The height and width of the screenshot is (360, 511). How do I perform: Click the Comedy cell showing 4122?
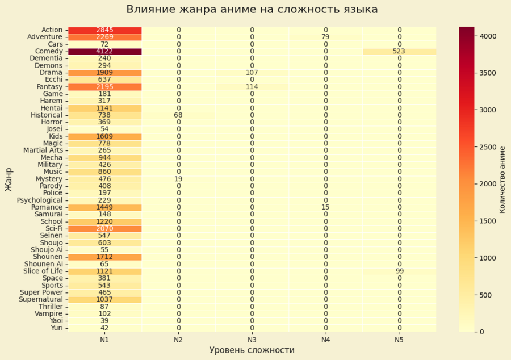tap(104, 51)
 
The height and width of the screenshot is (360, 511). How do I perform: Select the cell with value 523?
tap(399, 51)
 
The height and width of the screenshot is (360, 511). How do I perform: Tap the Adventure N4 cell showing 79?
tap(325, 37)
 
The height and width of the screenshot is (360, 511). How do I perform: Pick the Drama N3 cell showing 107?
tap(252, 73)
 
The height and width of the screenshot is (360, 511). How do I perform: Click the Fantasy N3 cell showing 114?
tap(252, 87)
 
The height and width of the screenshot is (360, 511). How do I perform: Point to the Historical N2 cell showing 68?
tap(178, 115)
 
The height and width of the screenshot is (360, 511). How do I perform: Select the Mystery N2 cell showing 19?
tap(178, 179)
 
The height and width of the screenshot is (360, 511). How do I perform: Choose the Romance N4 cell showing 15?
tap(325, 207)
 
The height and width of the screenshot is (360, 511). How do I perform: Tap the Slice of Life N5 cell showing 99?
tap(399, 271)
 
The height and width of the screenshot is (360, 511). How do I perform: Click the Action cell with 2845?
tap(104, 30)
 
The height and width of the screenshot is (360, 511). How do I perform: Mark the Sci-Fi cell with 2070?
tap(104, 228)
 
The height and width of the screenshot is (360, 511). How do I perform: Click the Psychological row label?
tap(40, 200)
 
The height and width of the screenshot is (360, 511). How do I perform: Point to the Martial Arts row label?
tap(43, 150)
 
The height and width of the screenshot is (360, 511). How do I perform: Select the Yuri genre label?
tap(56, 328)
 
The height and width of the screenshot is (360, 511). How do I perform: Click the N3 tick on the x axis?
tap(252, 340)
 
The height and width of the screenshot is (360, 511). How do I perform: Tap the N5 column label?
tap(399, 340)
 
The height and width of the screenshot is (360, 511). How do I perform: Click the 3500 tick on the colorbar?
tap(488, 73)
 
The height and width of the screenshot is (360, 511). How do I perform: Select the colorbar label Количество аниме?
tap(502, 179)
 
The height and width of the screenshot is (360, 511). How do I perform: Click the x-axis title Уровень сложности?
tap(252, 350)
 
